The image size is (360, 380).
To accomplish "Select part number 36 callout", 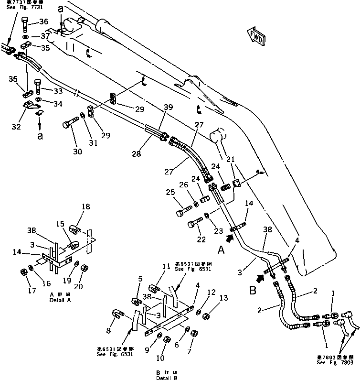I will point(43,22).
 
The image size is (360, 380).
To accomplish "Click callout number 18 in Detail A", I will point(85,207).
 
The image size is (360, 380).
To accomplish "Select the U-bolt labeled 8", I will point(117,313).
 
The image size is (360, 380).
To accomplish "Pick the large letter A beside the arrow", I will point(221,249).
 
